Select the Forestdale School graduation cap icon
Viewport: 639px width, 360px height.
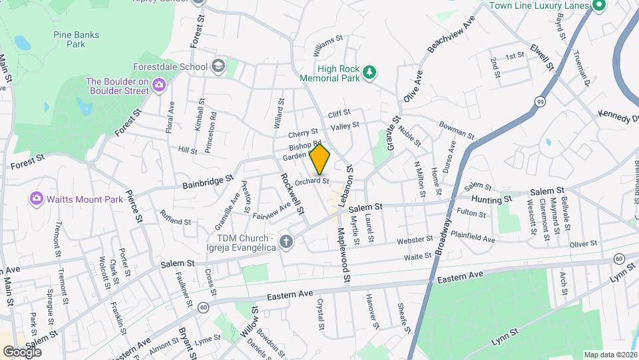click(218, 66)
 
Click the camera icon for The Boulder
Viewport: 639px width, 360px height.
click(158, 85)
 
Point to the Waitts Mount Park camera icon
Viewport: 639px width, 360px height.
click(36, 199)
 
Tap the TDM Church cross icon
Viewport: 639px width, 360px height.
click(286, 241)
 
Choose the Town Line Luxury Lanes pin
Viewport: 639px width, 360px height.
click(598, 5)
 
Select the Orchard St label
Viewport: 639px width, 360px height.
click(312, 181)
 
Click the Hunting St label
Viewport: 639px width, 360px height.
click(491, 199)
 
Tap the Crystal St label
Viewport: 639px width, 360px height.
click(321, 314)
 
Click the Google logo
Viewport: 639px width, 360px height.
click(22, 351)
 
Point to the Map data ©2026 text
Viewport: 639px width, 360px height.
click(609, 355)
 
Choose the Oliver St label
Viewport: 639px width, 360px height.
click(585, 244)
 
